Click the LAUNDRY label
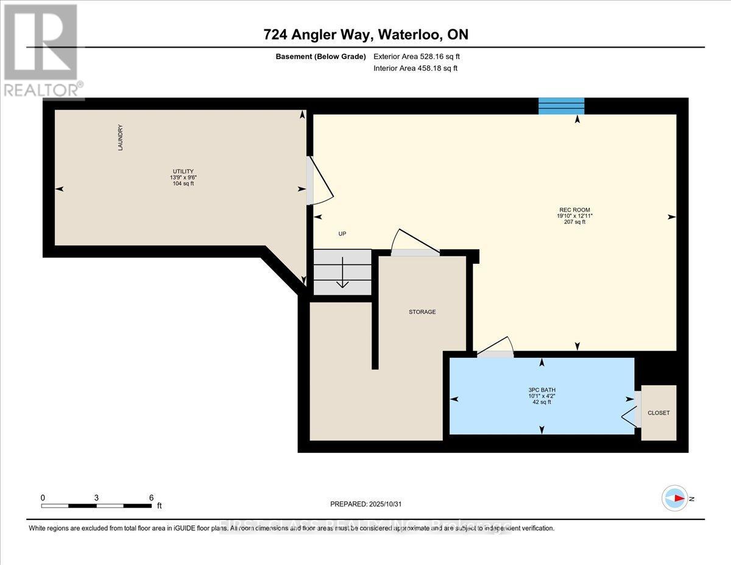(x=121, y=138)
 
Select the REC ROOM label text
(x=574, y=210)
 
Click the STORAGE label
(x=422, y=312)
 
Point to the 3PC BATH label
(x=542, y=390)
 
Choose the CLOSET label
(x=659, y=413)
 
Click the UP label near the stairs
(x=342, y=234)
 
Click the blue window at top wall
(x=561, y=105)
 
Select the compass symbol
(x=675, y=498)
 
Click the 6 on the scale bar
(x=151, y=497)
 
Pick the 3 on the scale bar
(x=97, y=497)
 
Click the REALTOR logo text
(x=42, y=90)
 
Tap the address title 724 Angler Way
(x=365, y=35)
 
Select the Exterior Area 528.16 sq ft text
(x=417, y=57)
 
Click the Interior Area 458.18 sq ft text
(x=415, y=68)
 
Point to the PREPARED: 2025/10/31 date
(x=365, y=504)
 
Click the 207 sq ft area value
(x=574, y=222)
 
